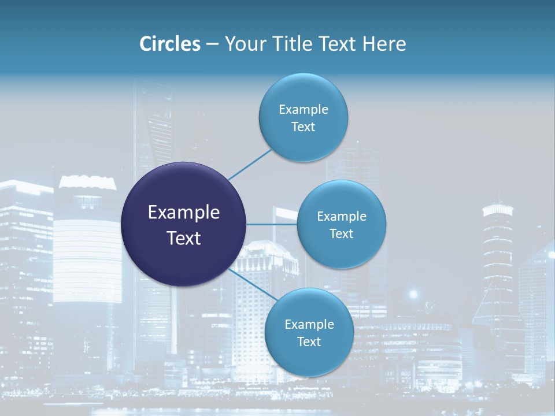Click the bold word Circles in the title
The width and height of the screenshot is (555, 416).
[x=169, y=44]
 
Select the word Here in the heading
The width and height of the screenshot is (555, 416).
[x=384, y=44]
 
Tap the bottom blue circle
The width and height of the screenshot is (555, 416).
[x=309, y=358]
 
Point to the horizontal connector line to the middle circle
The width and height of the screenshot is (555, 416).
[x=272, y=224]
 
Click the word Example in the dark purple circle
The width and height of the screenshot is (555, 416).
[x=184, y=213]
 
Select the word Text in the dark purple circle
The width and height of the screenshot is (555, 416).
[x=184, y=238]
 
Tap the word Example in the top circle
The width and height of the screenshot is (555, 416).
[x=304, y=109]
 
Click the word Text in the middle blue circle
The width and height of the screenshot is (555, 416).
[x=342, y=233]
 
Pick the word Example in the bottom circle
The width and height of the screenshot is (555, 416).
[x=309, y=324]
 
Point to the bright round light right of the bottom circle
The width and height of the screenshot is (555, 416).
[x=413, y=294]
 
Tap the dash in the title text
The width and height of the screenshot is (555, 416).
[x=212, y=44]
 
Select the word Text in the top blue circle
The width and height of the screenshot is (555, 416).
[x=304, y=127]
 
